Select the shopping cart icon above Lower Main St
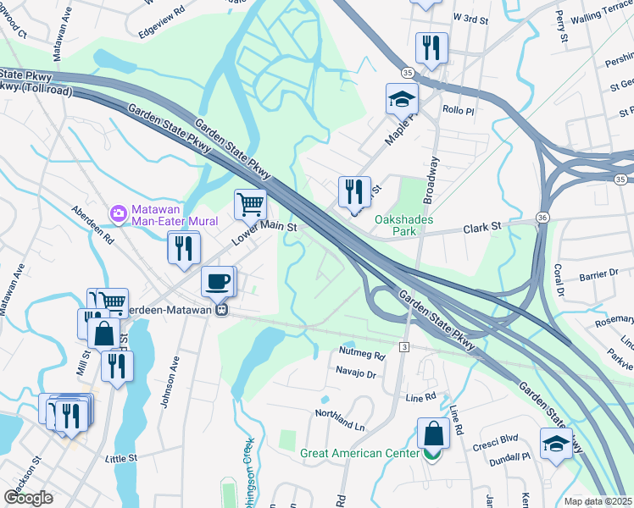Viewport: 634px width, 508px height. pos(251,203)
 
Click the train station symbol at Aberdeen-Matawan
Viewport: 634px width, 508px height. pos(220,310)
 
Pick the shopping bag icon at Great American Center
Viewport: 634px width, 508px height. pos(433,434)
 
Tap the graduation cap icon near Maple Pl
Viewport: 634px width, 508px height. pos(402,99)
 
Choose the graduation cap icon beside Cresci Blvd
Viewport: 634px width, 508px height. pos(555,443)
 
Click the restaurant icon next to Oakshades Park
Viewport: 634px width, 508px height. pos(354,191)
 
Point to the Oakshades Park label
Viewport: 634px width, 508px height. pos(404,224)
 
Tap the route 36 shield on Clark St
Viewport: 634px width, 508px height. pos(542,218)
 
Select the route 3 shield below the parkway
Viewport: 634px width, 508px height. pos(404,347)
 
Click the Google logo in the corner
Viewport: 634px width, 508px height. pos(28,498)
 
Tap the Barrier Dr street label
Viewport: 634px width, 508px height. pos(598,274)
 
